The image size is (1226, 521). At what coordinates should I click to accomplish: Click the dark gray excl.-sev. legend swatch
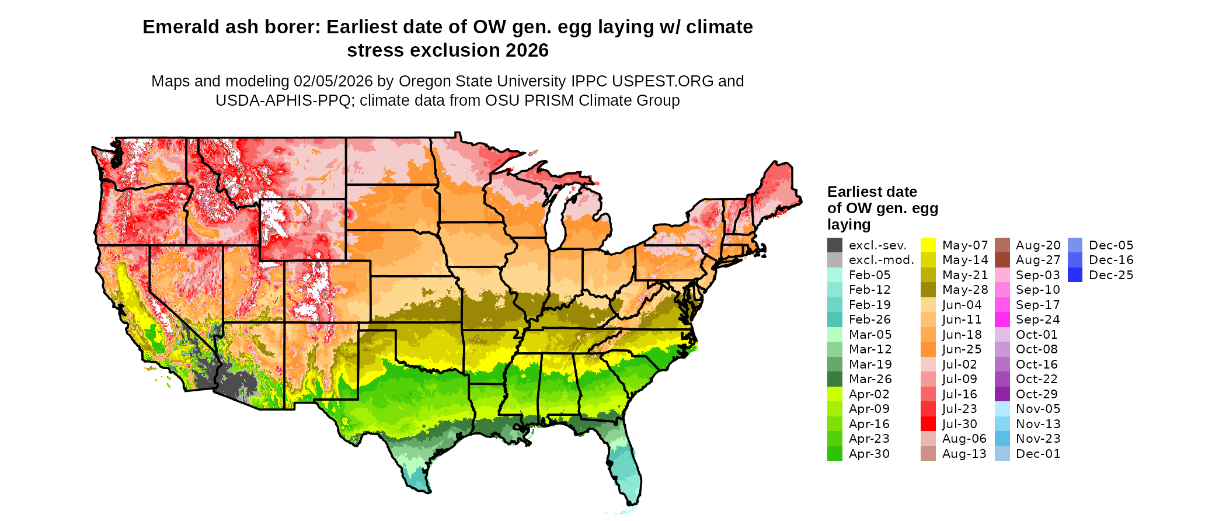tap(834, 245)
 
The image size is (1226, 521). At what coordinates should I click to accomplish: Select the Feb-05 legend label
tap(869, 275)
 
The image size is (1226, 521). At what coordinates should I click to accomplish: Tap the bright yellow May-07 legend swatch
tap(928, 245)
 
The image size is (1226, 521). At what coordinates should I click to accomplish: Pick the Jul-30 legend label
tap(959, 424)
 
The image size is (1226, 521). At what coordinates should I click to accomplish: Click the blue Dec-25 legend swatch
tap(1075, 275)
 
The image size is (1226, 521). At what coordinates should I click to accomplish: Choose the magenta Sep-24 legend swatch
tap(1002, 319)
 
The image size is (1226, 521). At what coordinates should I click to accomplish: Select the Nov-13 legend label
tap(1037, 424)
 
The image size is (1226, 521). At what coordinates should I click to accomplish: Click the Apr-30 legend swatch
tap(834, 454)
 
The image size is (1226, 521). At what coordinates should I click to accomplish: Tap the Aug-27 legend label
tap(1037, 260)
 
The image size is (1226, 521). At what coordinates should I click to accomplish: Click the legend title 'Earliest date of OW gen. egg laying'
tap(882, 208)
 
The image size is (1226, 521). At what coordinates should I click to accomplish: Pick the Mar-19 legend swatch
tap(834, 364)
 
